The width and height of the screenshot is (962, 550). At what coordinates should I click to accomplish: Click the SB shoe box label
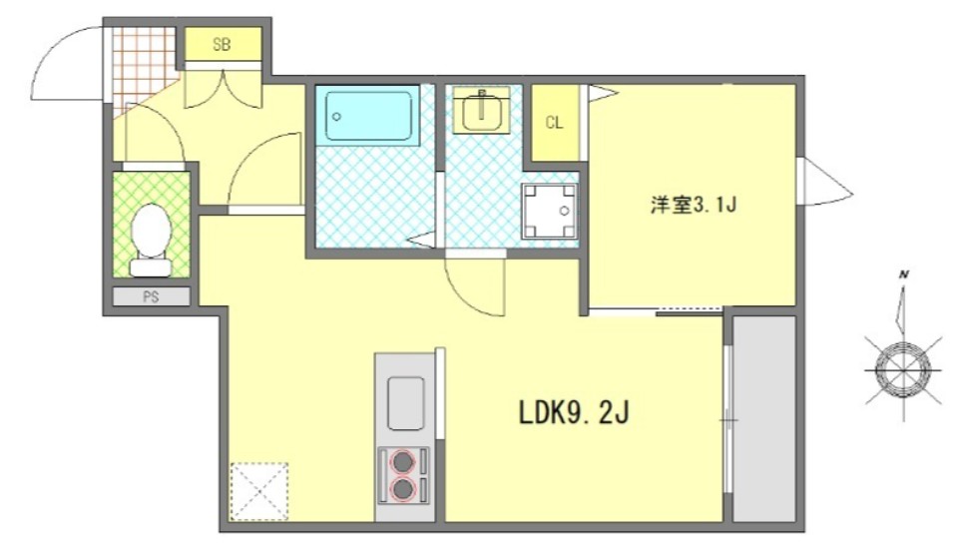click(x=222, y=43)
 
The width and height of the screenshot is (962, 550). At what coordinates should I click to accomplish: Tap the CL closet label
click(x=554, y=124)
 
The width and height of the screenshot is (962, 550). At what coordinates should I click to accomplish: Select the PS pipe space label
click(x=151, y=296)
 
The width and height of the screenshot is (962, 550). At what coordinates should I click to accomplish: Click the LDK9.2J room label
click(x=573, y=412)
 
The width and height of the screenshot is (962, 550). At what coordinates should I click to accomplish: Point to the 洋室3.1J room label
click(x=693, y=207)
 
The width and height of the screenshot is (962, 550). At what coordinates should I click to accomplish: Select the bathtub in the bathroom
click(x=367, y=117)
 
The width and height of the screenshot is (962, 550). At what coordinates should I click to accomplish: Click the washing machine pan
click(x=548, y=212)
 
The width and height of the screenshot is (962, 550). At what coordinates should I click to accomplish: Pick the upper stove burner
click(x=402, y=462)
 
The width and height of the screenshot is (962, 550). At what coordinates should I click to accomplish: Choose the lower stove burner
click(x=402, y=489)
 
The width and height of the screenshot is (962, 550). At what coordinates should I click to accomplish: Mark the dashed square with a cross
click(x=259, y=491)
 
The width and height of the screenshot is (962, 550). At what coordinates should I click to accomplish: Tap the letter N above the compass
click(x=902, y=274)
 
